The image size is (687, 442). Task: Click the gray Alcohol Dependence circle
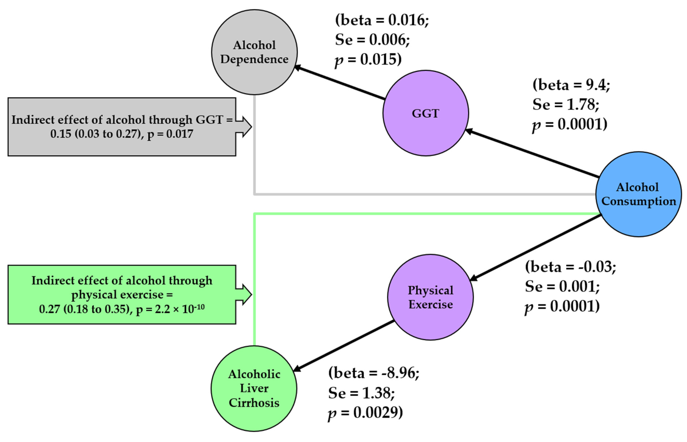point(254,52)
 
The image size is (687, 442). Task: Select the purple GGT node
point(425,113)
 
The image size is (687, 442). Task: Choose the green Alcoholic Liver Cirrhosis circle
point(254,388)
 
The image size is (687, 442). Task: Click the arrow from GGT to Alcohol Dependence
point(340,83)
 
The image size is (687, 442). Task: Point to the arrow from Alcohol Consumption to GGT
point(531,154)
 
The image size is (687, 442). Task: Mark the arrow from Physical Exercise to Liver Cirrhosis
point(343,346)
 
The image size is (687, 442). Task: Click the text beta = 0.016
point(382,20)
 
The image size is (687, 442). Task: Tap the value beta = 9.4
point(571,85)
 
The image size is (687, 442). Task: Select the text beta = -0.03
point(570,267)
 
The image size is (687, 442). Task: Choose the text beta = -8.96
point(373,373)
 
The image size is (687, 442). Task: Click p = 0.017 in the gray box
point(170,134)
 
